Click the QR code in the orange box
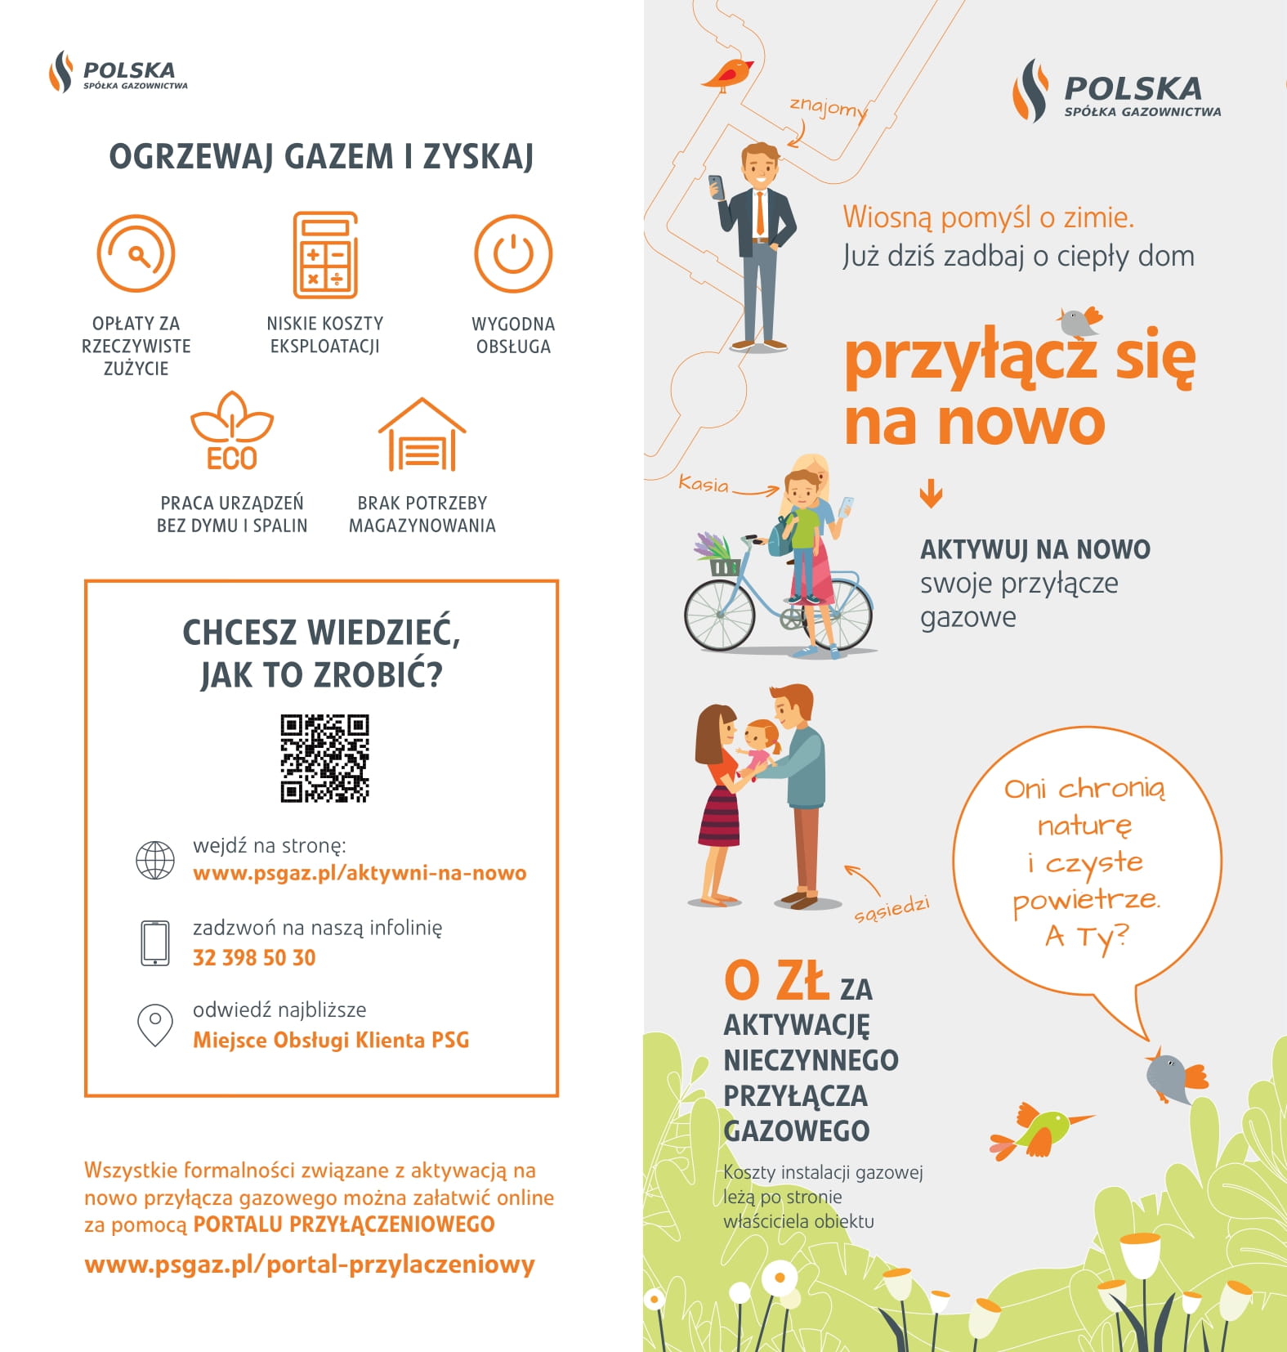(324, 759)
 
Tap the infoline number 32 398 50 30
(254, 957)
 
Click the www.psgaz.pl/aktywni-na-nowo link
(360, 873)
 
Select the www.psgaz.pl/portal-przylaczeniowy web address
(310, 1265)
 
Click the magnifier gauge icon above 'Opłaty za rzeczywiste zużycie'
(136, 253)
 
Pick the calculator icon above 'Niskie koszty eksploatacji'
(325, 255)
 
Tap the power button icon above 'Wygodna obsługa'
(513, 253)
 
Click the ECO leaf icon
(232, 431)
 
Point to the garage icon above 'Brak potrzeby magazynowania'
(422, 435)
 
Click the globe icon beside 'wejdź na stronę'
(154, 860)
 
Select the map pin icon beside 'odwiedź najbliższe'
(154, 1025)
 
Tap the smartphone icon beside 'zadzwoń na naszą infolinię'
(154, 942)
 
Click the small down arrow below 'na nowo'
(931, 494)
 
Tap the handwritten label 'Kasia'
(704, 484)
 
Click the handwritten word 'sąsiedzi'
(892, 909)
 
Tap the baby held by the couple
(760, 744)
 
